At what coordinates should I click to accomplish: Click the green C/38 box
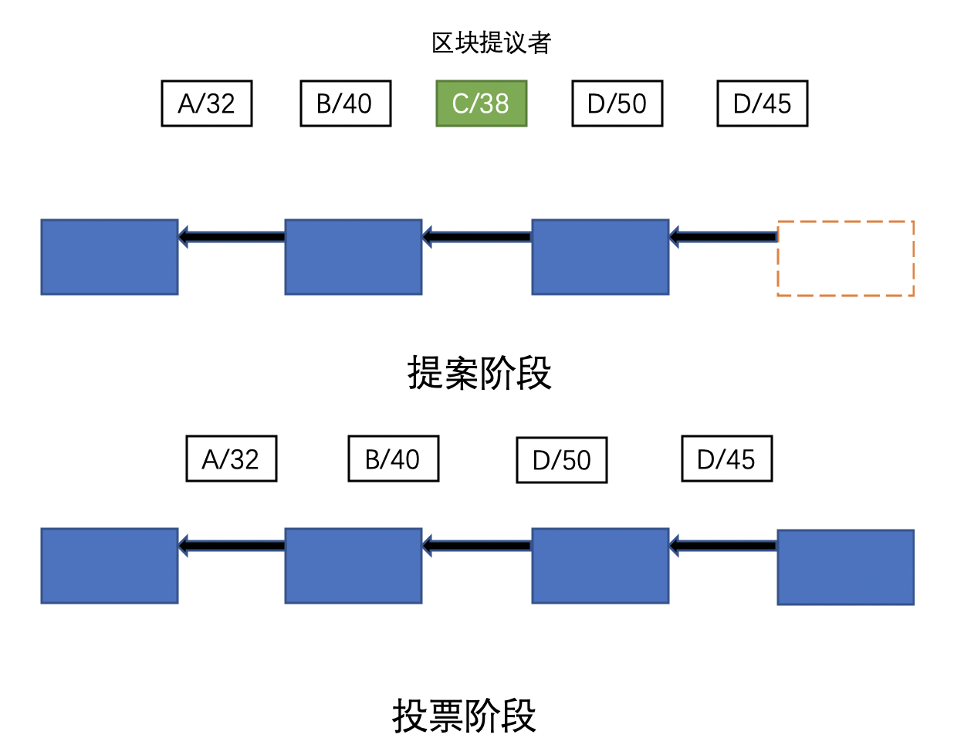pyautogui.click(x=481, y=103)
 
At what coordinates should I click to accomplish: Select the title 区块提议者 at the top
pyautogui.click(x=491, y=43)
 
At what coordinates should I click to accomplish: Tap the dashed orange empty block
pyautogui.click(x=845, y=259)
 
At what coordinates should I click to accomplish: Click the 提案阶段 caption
pyautogui.click(x=479, y=373)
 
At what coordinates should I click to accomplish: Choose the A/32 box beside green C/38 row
pyautogui.click(x=207, y=103)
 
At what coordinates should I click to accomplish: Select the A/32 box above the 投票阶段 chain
pyautogui.click(x=232, y=459)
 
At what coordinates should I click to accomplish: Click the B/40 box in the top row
pyautogui.click(x=345, y=103)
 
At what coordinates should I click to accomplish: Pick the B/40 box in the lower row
pyautogui.click(x=393, y=459)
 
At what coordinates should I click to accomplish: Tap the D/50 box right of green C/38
pyautogui.click(x=617, y=103)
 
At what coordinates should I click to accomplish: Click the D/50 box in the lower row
pyautogui.click(x=561, y=460)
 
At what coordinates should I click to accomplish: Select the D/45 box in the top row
pyautogui.click(x=762, y=103)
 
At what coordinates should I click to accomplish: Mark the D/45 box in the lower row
pyautogui.click(x=726, y=459)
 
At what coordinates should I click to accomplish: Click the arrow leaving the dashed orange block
pyautogui.click(x=723, y=236)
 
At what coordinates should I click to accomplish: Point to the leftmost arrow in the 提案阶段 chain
pyautogui.click(x=232, y=236)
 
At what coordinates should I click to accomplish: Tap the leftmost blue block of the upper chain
pyautogui.click(x=110, y=257)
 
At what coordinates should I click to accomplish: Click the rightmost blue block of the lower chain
pyautogui.click(x=845, y=567)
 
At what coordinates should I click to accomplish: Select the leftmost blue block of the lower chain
pyautogui.click(x=110, y=566)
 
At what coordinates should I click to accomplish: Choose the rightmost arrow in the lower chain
pyautogui.click(x=723, y=546)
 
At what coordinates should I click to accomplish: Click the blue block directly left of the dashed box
pyautogui.click(x=600, y=257)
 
